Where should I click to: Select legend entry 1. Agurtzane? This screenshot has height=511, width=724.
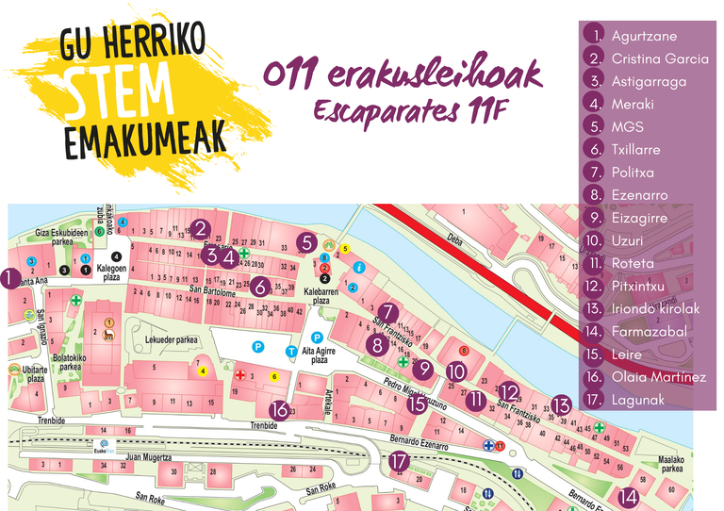pos(644,36)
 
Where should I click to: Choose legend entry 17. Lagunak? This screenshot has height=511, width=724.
pos(638,400)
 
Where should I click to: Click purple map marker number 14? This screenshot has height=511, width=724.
pos(628,497)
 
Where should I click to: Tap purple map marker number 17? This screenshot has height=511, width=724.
pos(401,461)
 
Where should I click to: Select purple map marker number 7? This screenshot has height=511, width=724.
pos(389,313)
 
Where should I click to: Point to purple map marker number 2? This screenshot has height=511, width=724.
pos(200,227)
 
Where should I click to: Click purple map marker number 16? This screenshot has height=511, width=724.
pos(279,410)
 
